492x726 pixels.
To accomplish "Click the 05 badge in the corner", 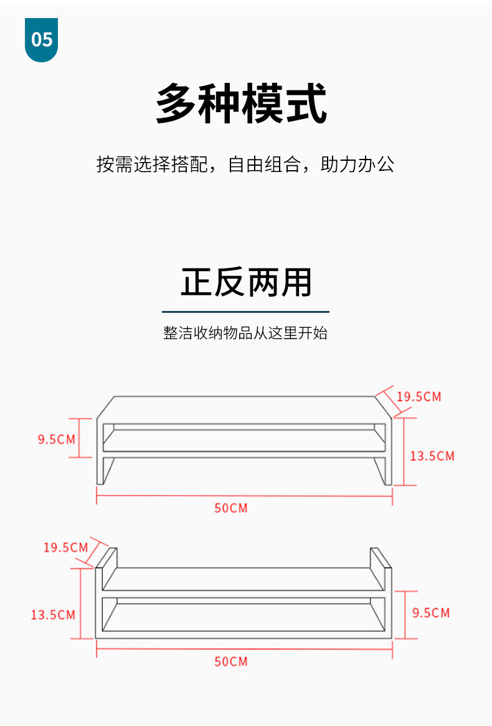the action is (x=42, y=40).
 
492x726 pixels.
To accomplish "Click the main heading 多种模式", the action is (x=242, y=104).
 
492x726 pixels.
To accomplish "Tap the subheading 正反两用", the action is (x=246, y=282).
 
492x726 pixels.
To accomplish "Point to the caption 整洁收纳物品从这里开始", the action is (x=245, y=333).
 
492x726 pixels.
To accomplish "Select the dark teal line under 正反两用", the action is (x=245, y=312).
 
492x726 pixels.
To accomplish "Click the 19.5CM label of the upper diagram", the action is (x=419, y=397).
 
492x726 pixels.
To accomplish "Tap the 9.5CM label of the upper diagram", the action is (x=56, y=439).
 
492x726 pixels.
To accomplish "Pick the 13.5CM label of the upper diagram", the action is (x=432, y=456).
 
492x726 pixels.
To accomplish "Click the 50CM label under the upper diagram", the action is (x=231, y=508).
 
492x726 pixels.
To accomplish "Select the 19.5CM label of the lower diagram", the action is (x=65, y=548).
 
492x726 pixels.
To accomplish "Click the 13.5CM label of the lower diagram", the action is (x=53, y=615).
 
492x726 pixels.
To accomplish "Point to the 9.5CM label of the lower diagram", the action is (x=431, y=613).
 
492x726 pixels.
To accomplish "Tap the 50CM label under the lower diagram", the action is (x=231, y=661).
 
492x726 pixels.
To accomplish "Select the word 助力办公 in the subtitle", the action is (x=357, y=165).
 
